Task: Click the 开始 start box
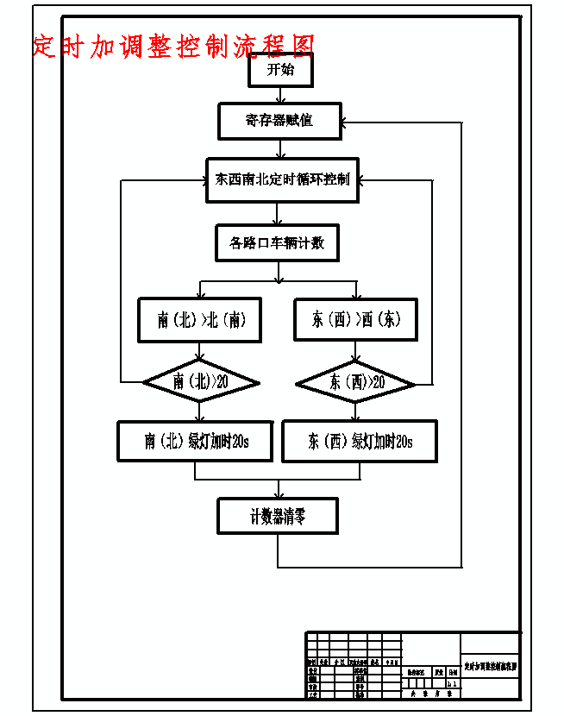click(279, 70)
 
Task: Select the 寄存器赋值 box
click(279, 121)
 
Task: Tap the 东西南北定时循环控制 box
click(281, 179)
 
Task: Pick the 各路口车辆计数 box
click(277, 243)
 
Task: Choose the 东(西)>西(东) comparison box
click(355, 320)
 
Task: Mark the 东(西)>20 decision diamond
click(355, 381)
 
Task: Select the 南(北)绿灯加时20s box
click(196, 442)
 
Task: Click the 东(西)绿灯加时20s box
click(360, 442)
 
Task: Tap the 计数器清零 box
click(278, 518)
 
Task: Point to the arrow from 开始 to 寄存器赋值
click(279, 95)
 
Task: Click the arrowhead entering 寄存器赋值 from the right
click(347, 121)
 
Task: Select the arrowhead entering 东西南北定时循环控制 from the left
click(201, 180)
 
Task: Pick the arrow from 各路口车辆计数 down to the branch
click(277, 271)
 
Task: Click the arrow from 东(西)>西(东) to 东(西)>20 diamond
click(355, 351)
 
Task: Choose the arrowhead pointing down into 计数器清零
click(278, 493)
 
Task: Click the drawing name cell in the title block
click(491, 667)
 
